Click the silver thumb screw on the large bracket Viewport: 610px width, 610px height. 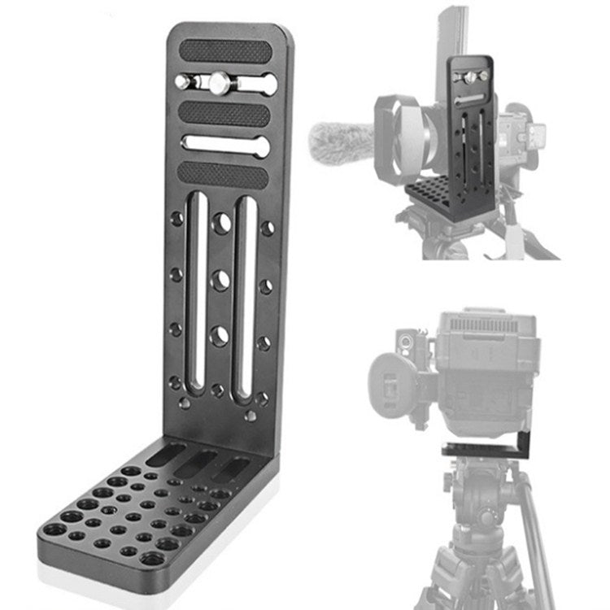tap(218, 82)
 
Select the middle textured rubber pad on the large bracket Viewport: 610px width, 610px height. tap(224, 113)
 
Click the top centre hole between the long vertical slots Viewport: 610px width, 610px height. tap(221, 224)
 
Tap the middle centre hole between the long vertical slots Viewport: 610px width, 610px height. tap(220, 280)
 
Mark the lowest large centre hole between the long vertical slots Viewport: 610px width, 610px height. tap(220, 334)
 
